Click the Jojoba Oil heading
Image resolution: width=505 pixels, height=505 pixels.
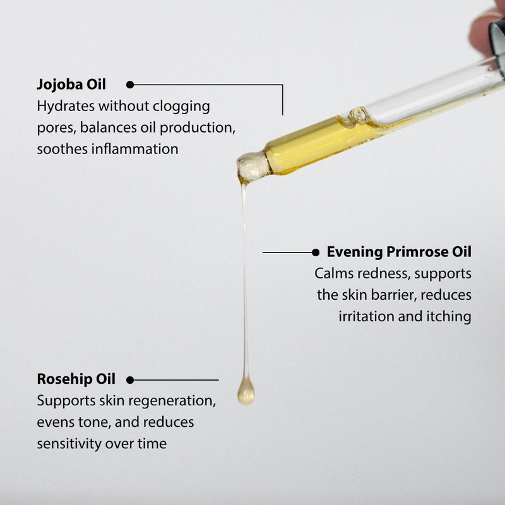(x=71, y=85)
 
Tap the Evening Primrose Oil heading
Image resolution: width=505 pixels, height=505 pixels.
(x=399, y=252)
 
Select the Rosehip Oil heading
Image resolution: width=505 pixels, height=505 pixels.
(x=76, y=379)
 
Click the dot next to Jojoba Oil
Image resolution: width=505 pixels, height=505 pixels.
(x=130, y=85)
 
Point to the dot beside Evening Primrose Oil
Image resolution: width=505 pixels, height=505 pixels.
(x=316, y=252)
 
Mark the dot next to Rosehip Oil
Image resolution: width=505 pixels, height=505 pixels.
(x=130, y=380)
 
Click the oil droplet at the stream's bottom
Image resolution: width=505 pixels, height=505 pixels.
(x=246, y=393)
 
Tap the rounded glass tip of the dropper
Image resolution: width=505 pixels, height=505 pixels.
(x=253, y=167)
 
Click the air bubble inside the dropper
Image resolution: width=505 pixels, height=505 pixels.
(x=358, y=115)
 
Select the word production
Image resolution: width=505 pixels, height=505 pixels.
(x=197, y=128)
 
